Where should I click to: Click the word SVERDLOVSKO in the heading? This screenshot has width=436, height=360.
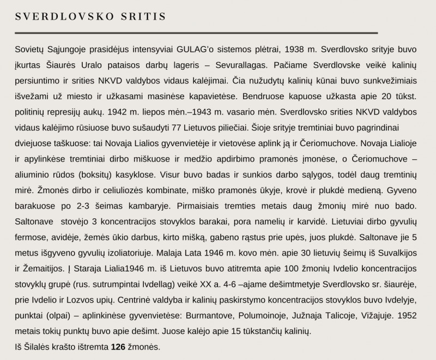tap(64, 16)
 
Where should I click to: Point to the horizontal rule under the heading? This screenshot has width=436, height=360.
tap(196, 33)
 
